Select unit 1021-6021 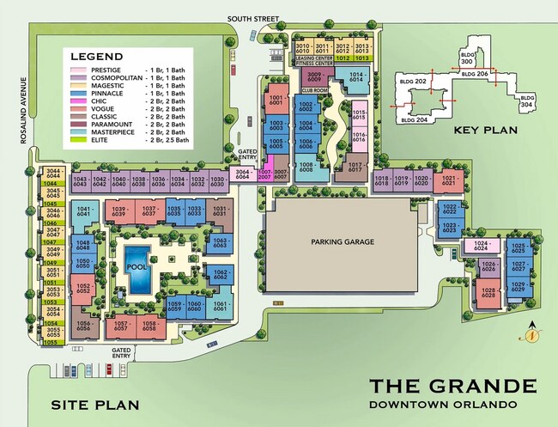(447, 181)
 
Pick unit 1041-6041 (86, 211)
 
